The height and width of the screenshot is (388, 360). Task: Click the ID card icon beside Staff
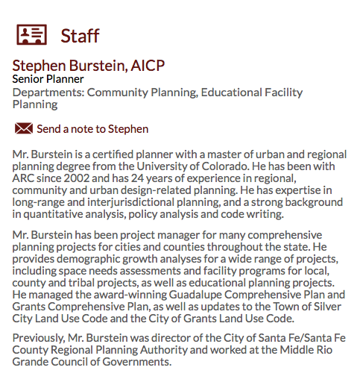pyautogui.click(x=31, y=34)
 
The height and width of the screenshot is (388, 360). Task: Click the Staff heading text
pyautogui.click(x=80, y=35)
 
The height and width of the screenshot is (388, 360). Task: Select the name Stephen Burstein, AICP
pyautogui.click(x=88, y=66)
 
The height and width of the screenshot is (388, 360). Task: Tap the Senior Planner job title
pyautogui.click(x=48, y=79)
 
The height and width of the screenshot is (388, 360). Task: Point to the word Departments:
pyautogui.click(x=48, y=93)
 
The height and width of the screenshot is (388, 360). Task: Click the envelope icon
pyautogui.click(x=23, y=129)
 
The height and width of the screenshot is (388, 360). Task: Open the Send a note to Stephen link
pyautogui.click(x=92, y=129)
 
